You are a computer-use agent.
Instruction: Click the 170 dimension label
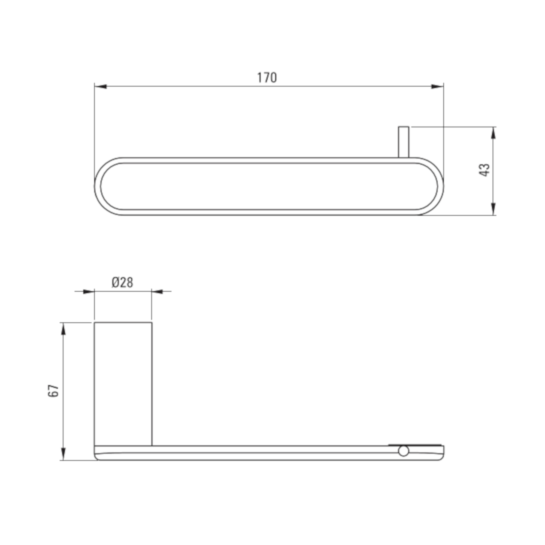tap(267, 78)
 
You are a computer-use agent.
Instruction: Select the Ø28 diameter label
tap(122, 282)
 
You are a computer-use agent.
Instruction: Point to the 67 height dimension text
tap(54, 391)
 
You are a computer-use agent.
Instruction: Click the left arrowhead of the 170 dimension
tap(101, 86)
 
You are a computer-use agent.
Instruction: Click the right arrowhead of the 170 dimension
tap(438, 86)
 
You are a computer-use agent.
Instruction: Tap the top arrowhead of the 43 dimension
tap(493, 133)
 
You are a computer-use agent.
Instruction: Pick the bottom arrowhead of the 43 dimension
tap(493, 209)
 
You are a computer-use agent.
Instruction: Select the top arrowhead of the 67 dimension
tap(63, 328)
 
